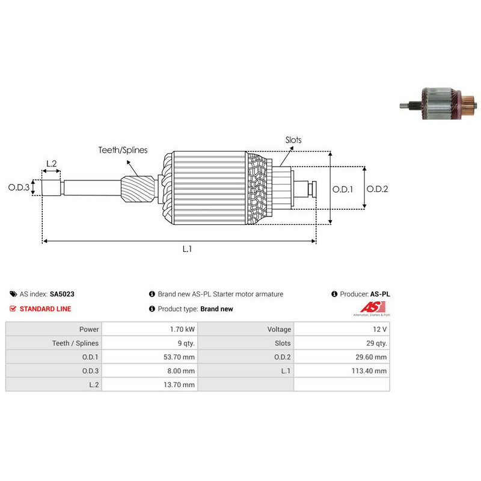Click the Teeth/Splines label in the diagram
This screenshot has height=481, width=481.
(x=123, y=150)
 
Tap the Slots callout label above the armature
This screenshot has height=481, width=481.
(x=293, y=140)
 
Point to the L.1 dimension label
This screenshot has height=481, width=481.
(x=187, y=249)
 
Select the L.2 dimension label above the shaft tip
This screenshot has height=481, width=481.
(x=52, y=164)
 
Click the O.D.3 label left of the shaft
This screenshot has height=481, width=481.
(x=19, y=187)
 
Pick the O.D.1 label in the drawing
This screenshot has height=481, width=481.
(x=343, y=189)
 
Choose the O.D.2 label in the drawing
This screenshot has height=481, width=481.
(x=378, y=189)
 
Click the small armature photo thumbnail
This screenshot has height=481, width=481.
(x=438, y=103)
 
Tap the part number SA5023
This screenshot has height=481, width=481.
(x=62, y=294)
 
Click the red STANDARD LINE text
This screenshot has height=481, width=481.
(x=46, y=309)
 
